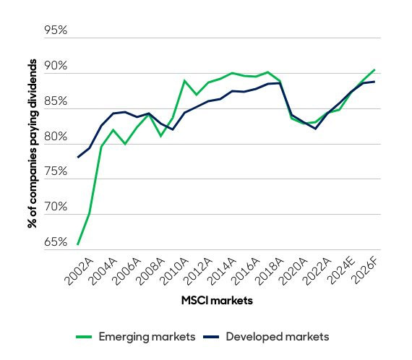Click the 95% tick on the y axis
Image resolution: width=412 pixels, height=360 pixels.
(x=55, y=31)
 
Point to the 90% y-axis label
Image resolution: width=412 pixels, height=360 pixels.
(x=55, y=67)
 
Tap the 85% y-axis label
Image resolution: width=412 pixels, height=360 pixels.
(x=55, y=102)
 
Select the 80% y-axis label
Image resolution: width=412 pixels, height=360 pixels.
(x=55, y=137)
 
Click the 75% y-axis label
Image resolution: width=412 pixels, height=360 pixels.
(x=55, y=172)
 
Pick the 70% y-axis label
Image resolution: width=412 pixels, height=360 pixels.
(x=55, y=207)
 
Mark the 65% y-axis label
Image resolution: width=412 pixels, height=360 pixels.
(x=55, y=242)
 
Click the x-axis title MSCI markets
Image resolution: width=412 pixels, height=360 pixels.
(x=218, y=301)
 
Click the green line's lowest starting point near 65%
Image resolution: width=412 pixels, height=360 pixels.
(x=77, y=244)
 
